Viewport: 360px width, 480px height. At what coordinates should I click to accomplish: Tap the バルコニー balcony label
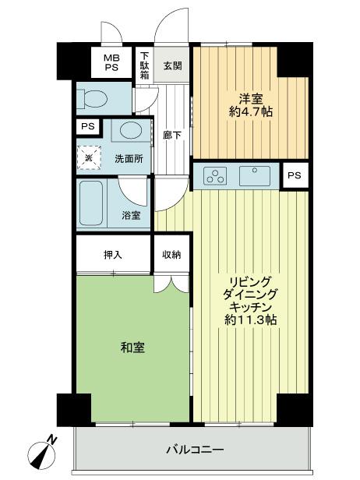195,450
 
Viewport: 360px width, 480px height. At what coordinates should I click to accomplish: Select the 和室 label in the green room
132,348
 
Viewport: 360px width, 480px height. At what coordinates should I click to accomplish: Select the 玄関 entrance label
172,65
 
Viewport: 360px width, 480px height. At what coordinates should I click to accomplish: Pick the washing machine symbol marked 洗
89,158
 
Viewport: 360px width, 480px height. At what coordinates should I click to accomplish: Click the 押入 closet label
113,254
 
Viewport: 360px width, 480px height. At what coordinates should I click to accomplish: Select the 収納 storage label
172,254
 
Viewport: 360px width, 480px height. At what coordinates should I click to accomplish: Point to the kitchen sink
254,175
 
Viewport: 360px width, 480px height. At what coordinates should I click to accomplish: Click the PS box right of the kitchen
293,175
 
